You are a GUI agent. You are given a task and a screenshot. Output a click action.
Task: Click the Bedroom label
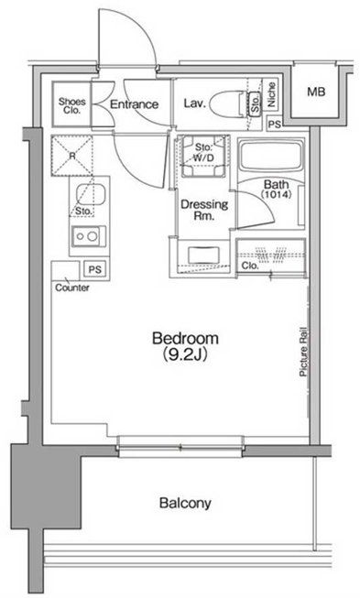185,338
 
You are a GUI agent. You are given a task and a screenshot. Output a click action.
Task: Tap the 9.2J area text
185,355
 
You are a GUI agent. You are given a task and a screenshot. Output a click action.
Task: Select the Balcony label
185,503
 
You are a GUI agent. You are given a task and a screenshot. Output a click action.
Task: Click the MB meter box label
317,92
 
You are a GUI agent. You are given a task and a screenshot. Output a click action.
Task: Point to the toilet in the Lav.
229,103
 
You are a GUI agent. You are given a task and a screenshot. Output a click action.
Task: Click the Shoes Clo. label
72,106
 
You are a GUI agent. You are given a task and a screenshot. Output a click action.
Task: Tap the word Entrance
134,104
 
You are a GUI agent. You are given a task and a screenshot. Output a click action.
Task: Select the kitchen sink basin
89,194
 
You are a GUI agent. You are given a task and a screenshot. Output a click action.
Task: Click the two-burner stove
89,236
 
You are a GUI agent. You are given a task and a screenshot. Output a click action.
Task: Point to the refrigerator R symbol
72,156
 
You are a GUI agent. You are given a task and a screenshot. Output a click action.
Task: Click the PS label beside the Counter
95,269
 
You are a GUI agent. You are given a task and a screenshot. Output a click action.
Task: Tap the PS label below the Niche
274,124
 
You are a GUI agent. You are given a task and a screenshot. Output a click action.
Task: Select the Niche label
271,94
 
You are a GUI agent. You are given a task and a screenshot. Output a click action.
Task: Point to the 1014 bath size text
277,194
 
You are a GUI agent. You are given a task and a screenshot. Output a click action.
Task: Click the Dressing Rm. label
204,210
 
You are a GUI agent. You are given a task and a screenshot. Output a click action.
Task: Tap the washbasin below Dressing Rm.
204,255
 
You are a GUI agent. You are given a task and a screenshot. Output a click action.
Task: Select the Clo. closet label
250,266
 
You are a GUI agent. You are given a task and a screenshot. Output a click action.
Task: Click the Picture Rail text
303,352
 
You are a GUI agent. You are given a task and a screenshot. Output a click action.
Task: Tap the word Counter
72,288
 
